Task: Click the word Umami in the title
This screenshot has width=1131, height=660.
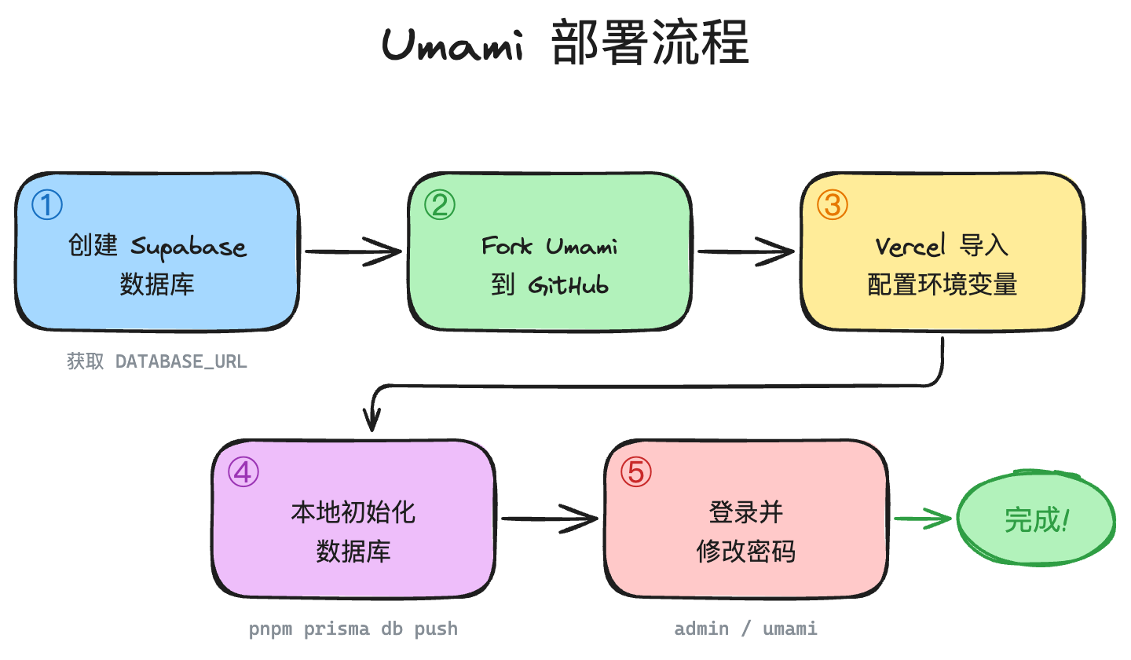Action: coord(452,45)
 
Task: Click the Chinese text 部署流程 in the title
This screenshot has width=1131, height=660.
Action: coord(650,43)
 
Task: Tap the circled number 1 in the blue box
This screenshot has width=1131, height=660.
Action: coord(47,205)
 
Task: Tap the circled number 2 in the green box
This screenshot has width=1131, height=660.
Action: coord(440,205)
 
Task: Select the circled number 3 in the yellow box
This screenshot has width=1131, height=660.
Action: coord(833,205)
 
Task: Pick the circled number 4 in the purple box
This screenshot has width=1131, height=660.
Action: coord(243,472)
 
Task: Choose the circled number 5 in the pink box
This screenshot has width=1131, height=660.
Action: coord(636,472)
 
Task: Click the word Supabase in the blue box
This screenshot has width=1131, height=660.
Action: coord(188,247)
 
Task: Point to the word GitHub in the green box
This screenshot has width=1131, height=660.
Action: coord(569,285)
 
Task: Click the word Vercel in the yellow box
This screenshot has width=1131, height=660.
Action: coord(911,247)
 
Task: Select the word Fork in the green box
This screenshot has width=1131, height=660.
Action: coord(507,247)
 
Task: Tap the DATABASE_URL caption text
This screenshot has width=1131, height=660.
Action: coord(181,362)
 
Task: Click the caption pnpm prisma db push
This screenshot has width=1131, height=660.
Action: coord(353,629)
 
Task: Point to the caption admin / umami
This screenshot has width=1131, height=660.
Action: coord(746,629)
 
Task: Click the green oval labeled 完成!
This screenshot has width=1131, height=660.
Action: coord(1036,519)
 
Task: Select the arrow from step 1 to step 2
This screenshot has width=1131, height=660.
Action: coord(353,252)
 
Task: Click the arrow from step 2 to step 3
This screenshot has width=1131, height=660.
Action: coord(746,252)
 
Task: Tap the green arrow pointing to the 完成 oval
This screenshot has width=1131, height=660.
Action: coord(923,519)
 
